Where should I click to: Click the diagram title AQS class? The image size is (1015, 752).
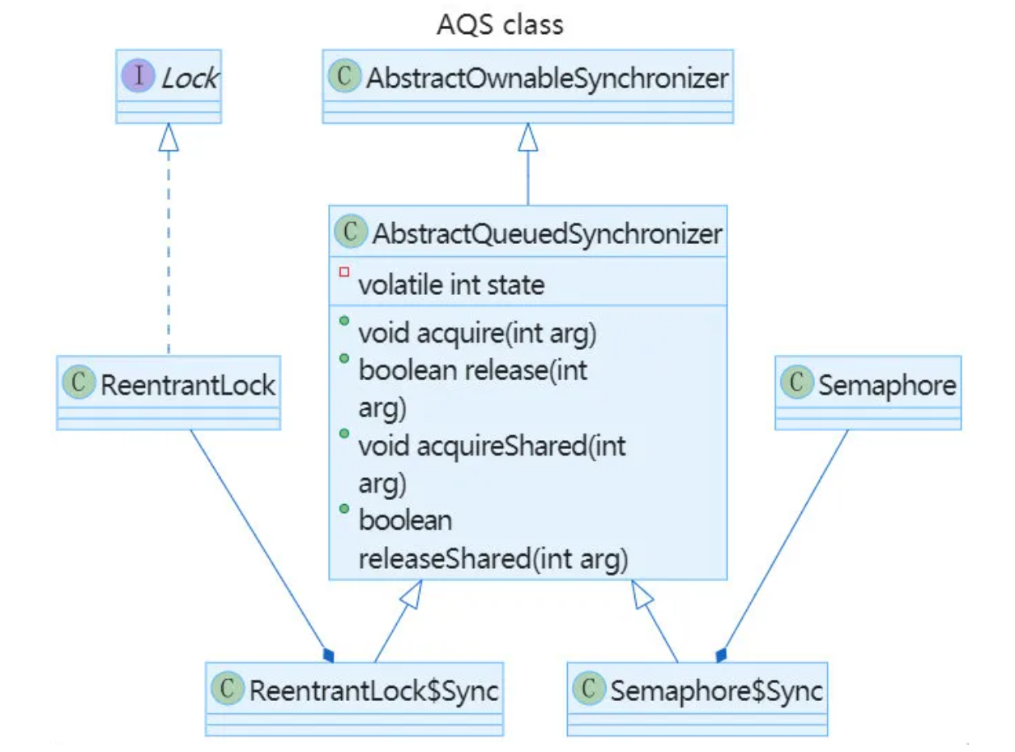click(500, 24)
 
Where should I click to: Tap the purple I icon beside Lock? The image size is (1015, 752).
click(139, 77)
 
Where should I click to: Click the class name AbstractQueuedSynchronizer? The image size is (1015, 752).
click(547, 233)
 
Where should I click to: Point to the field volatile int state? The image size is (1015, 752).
click(451, 284)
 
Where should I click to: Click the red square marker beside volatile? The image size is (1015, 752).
click(344, 272)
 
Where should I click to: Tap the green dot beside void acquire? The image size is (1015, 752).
click(344, 322)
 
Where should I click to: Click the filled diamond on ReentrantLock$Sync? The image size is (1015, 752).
click(327, 654)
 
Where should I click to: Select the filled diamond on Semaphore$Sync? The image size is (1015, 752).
click(721, 654)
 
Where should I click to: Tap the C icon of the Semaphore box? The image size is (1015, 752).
click(798, 384)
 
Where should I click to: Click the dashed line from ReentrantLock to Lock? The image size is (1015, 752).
click(168, 259)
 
